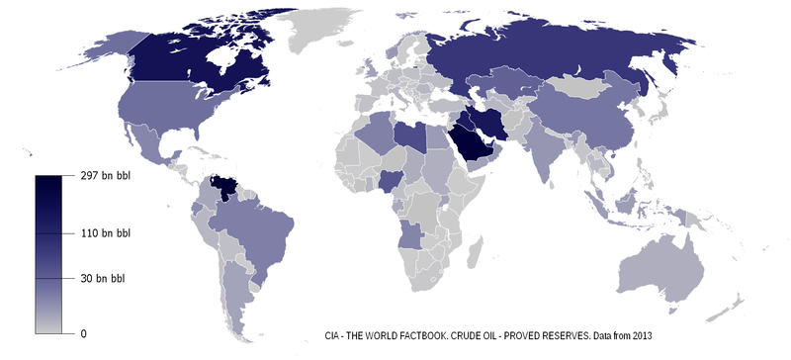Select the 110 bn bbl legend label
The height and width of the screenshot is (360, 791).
point(105,233)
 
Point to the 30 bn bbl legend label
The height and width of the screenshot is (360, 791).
point(102,279)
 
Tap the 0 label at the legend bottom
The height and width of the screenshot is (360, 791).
point(83,333)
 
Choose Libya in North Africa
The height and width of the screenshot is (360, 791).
point(407,137)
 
